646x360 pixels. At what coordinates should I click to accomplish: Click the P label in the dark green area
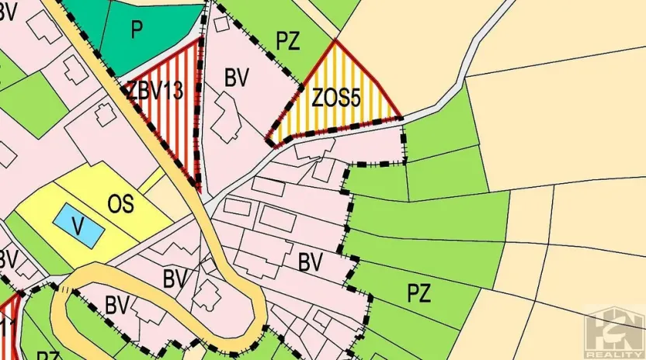(x=137, y=29)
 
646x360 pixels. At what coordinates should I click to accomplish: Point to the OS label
(x=120, y=204)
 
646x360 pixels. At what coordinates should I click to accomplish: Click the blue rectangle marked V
(x=78, y=224)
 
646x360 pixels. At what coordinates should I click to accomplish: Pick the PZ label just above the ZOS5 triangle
(x=287, y=42)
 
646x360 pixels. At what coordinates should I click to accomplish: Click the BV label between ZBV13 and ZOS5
(x=236, y=78)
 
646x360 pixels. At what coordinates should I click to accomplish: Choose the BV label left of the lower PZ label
(x=311, y=262)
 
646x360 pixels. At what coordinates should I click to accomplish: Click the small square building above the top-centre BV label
(x=222, y=23)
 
